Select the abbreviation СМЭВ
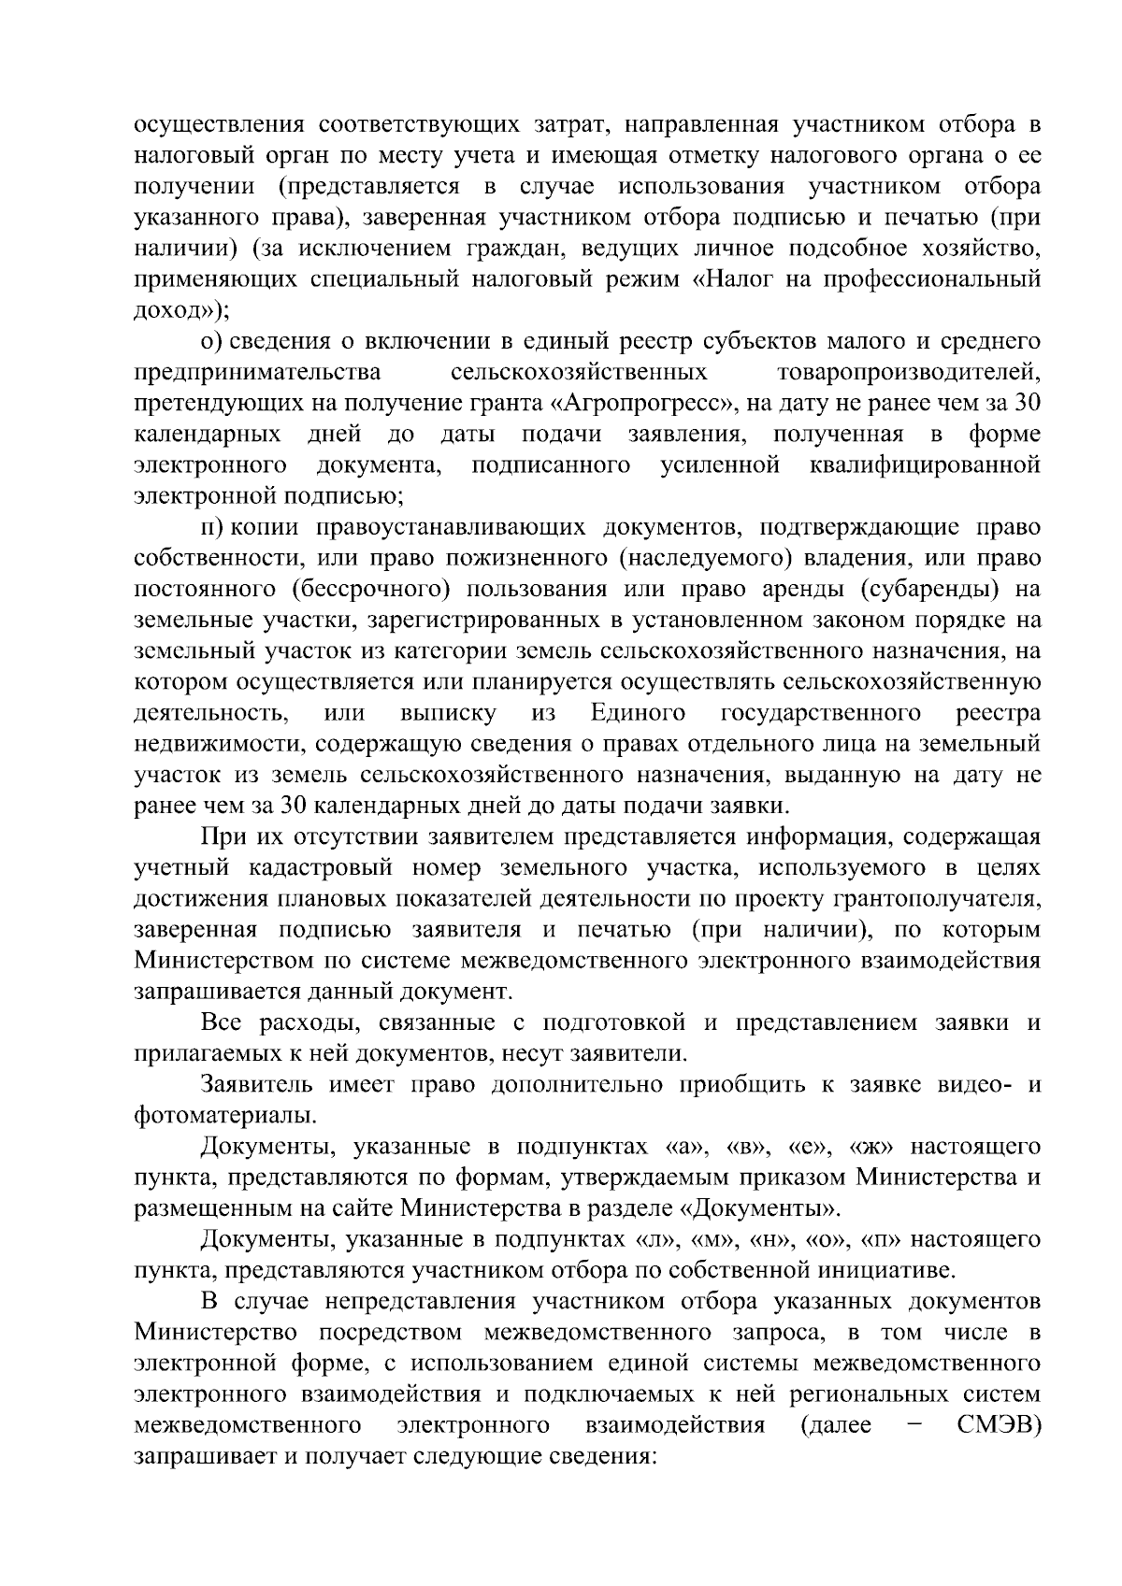coord(999,1425)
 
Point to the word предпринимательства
coord(257,373)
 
